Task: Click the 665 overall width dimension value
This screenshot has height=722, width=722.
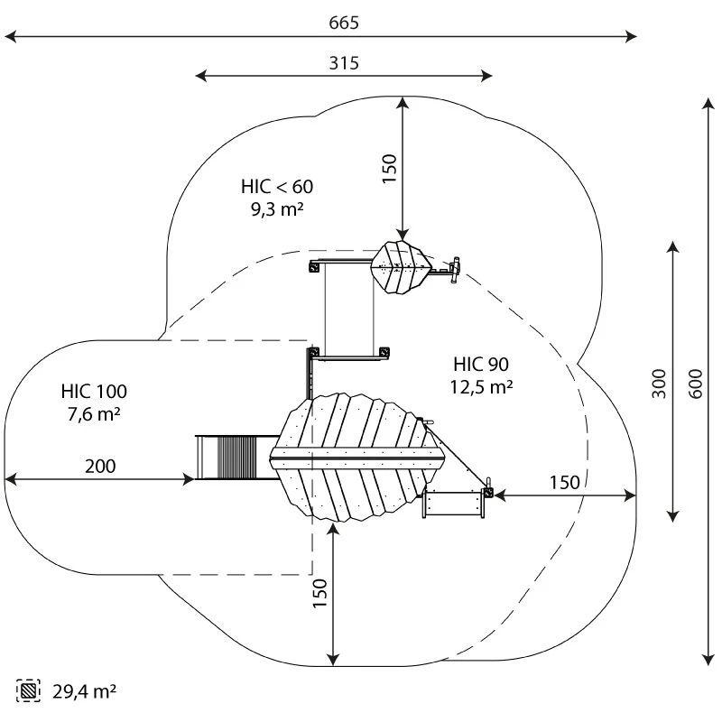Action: coord(344,23)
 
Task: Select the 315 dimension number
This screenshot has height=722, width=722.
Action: coord(344,63)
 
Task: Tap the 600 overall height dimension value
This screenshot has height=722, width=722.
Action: coord(696,384)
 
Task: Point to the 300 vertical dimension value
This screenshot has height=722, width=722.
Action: coord(659,384)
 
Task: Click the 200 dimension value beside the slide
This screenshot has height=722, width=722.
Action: coord(100,466)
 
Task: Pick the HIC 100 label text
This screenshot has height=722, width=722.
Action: coord(94,392)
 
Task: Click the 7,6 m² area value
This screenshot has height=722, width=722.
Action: coord(94,414)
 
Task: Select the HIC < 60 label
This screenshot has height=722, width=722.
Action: coord(277,187)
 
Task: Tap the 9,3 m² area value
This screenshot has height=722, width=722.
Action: coord(277,209)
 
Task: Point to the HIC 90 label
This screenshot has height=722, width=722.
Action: coord(481,365)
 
